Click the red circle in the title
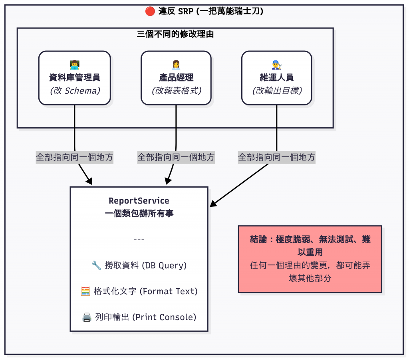[x=150, y=11]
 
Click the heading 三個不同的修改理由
[x=175, y=34]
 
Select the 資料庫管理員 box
[x=75, y=78]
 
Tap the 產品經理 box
[x=176, y=78]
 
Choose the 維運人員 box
[x=276, y=78]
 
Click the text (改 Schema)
[x=75, y=91]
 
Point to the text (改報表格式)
[x=176, y=91]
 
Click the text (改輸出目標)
[x=276, y=91]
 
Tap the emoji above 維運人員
[x=276, y=64]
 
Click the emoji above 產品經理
[x=176, y=64]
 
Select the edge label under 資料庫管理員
[x=75, y=157]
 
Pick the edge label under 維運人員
[x=276, y=157]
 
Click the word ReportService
[x=139, y=201]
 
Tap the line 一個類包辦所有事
[x=139, y=214]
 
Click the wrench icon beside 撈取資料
[x=96, y=265]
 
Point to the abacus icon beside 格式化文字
[x=85, y=291]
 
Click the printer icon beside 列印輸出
[x=87, y=317]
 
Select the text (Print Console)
[x=164, y=317]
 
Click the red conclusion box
[x=310, y=259]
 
